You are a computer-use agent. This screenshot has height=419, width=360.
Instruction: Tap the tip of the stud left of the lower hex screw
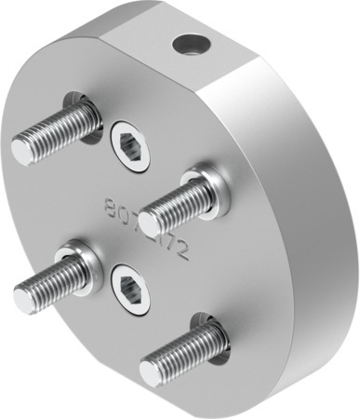tap(25, 298)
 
